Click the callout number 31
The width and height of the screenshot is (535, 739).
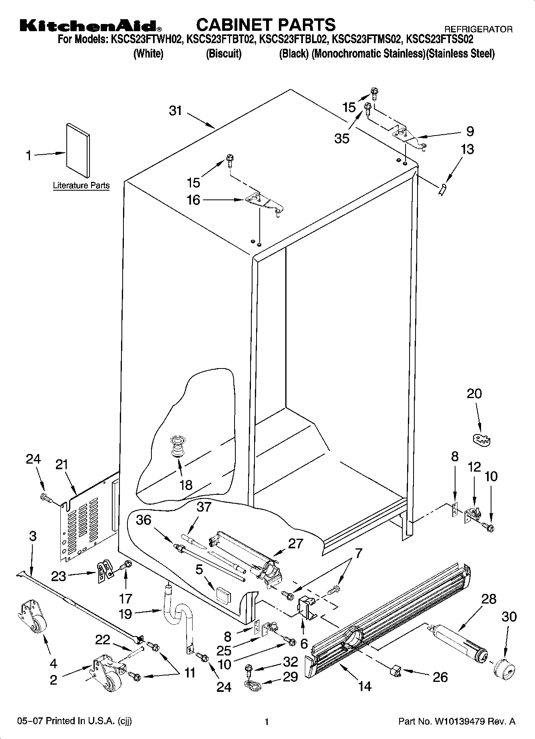(x=175, y=111)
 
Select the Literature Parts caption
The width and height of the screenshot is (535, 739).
(x=81, y=185)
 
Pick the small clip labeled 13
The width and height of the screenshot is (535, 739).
(x=442, y=189)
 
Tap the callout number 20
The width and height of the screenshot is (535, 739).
(x=474, y=394)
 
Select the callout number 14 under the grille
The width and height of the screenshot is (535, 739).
(x=365, y=686)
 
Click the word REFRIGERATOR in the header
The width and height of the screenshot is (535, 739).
(x=478, y=29)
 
